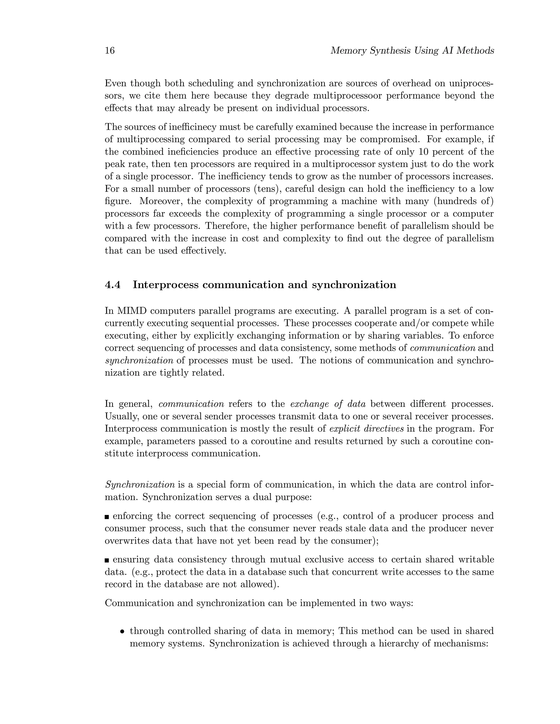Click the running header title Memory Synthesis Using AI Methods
click(x=412, y=51)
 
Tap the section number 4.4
click(x=113, y=285)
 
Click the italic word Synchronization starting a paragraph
click(x=140, y=485)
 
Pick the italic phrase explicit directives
click(x=366, y=429)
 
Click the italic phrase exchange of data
click(x=328, y=404)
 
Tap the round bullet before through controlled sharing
click(x=122, y=631)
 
